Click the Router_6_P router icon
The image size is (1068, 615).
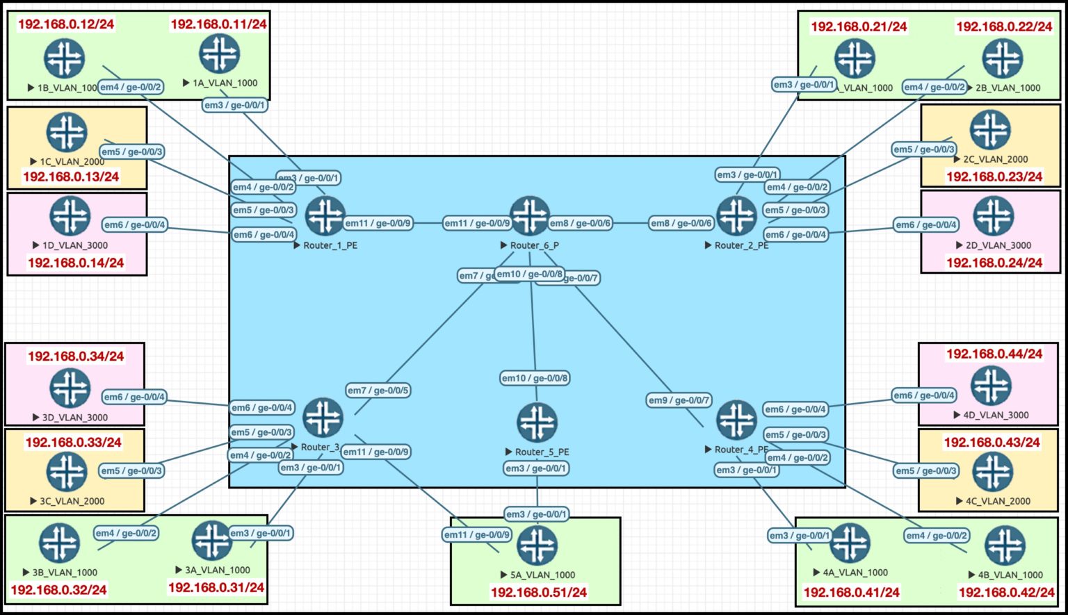pos(530,216)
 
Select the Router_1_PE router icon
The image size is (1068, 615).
pos(325,216)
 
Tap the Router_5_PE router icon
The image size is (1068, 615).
pos(537,423)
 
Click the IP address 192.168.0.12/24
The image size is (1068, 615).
pos(66,24)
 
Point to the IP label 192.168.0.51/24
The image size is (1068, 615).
pos(539,593)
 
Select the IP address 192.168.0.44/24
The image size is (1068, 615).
pos(994,354)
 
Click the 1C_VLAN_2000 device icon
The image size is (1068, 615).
pos(67,132)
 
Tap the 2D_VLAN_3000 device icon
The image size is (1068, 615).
pos(994,216)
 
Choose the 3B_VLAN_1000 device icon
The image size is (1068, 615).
pos(59,543)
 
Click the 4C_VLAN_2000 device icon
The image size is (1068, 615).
pos(992,472)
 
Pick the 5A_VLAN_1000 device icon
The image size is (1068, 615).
pos(537,546)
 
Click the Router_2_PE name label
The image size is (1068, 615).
pos(741,245)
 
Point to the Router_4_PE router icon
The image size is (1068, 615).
pos(736,420)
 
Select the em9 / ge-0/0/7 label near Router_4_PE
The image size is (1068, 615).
pos(679,400)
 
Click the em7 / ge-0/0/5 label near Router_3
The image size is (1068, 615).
pos(378,391)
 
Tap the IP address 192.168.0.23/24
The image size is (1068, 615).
pos(994,177)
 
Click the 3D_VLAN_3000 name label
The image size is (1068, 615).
pos(75,418)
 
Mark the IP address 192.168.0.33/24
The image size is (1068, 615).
pos(74,443)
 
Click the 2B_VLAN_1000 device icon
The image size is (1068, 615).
pos(1003,58)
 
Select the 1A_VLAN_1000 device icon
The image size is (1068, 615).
pos(220,54)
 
